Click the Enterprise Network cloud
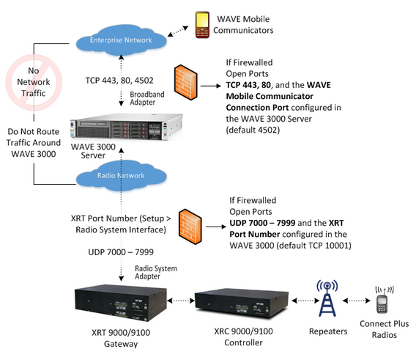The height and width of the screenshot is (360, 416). click(121, 40)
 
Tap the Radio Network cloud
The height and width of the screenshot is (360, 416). click(121, 176)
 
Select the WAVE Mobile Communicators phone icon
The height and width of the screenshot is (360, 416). click(202, 25)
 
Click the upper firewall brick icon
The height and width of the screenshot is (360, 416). click(186, 82)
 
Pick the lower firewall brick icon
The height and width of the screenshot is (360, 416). click(190, 227)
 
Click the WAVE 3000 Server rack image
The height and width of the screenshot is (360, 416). click(126, 127)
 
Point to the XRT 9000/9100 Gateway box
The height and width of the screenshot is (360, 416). click(121, 304)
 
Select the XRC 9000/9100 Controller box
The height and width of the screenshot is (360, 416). click(242, 304)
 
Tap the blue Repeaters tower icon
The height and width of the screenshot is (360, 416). click(327, 298)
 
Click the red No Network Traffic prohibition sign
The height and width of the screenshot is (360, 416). click(34, 82)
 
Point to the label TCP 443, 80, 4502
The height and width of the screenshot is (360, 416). click(119, 81)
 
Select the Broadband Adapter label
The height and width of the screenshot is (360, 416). click(147, 98)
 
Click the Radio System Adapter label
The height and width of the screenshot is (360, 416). click(156, 272)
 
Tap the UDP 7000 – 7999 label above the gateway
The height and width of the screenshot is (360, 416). click(121, 252)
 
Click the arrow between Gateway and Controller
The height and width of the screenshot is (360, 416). click(181, 301)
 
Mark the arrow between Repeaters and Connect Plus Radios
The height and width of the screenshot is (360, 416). click(356, 301)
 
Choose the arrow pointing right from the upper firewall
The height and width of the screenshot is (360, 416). click(211, 86)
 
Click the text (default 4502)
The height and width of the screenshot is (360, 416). click(253, 131)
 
